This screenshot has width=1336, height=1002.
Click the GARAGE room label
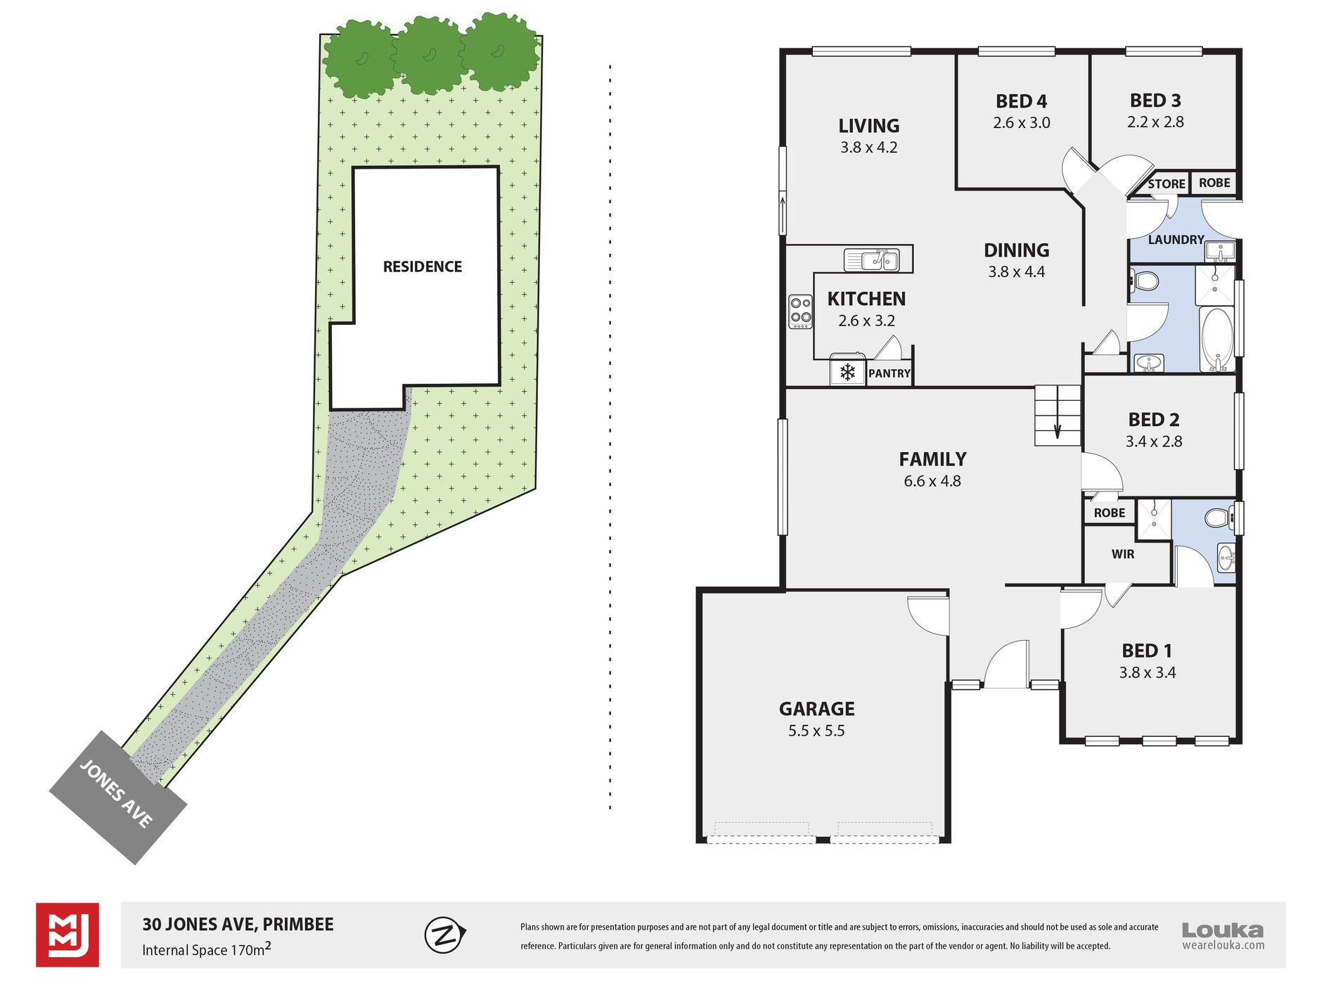816,709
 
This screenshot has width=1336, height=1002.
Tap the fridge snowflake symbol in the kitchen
848,372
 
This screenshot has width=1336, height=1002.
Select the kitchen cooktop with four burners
800,311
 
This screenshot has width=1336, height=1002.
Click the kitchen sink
872,260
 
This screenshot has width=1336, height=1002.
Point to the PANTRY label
889,373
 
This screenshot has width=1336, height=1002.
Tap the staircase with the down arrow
1057,416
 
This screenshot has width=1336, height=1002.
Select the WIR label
1122,554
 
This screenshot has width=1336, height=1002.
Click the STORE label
1166,184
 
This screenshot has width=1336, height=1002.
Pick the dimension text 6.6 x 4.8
932,482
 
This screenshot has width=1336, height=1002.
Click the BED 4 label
1021,101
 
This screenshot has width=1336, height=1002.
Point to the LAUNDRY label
1176,240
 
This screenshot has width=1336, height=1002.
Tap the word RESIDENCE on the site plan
422,266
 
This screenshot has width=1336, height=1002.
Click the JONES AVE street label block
117,797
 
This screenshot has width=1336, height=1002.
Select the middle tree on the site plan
427,56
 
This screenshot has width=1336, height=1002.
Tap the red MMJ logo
68,934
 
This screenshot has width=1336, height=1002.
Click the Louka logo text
1222,930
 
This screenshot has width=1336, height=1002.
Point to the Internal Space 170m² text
207,949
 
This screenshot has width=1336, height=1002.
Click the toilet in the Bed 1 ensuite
1219,519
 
